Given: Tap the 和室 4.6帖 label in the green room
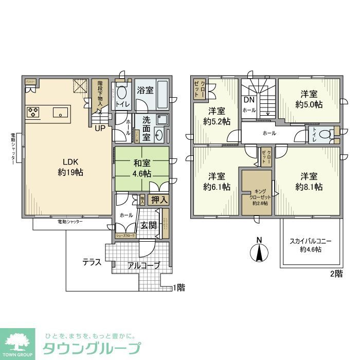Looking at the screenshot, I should [x=142, y=169].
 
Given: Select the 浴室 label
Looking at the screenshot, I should [x=145, y=91].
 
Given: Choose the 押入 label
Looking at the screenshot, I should [x=159, y=200].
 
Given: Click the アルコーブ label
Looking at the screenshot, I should [x=143, y=265].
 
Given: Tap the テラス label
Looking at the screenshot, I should [x=92, y=262].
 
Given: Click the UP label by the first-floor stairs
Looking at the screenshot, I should [x=100, y=128].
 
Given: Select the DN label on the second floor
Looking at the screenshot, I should [x=249, y=100].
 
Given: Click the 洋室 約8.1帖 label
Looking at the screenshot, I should [x=309, y=181].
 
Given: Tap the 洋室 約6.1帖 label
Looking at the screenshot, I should [x=217, y=181].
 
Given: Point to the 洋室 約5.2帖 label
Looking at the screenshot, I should [x=217, y=116].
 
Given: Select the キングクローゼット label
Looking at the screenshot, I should [x=257, y=196].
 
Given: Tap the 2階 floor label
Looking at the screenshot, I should [x=335, y=274].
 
